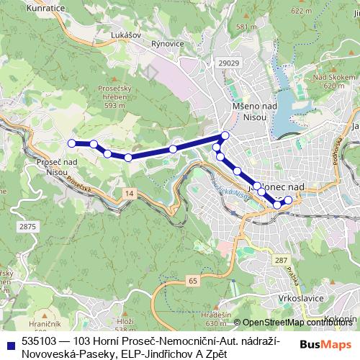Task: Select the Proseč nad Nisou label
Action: (x=55, y=167)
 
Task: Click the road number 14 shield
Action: (x=128, y=194)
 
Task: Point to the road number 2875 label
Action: (x=27, y=227)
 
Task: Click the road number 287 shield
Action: (x=281, y=260)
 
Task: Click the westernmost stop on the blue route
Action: (x=71, y=143)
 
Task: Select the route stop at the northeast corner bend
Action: (x=225, y=135)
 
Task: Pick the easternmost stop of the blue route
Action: (x=289, y=199)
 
